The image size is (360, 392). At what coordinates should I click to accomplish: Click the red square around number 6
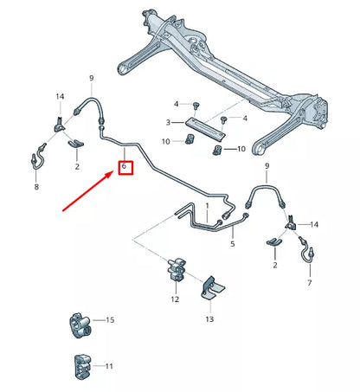click(125, 164)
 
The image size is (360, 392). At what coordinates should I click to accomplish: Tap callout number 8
click(35, 186)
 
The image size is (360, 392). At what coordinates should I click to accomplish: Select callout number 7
click(309, 283)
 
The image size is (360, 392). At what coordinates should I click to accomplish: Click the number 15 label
click(110, 321)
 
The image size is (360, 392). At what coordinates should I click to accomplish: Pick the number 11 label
click(110, 367)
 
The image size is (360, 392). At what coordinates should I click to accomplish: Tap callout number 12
click(175, 299)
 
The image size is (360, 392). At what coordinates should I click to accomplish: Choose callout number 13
click(209, 319)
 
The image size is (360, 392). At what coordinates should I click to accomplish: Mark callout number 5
click(232, 245)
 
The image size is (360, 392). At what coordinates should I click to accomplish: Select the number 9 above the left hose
click(92, 80)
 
